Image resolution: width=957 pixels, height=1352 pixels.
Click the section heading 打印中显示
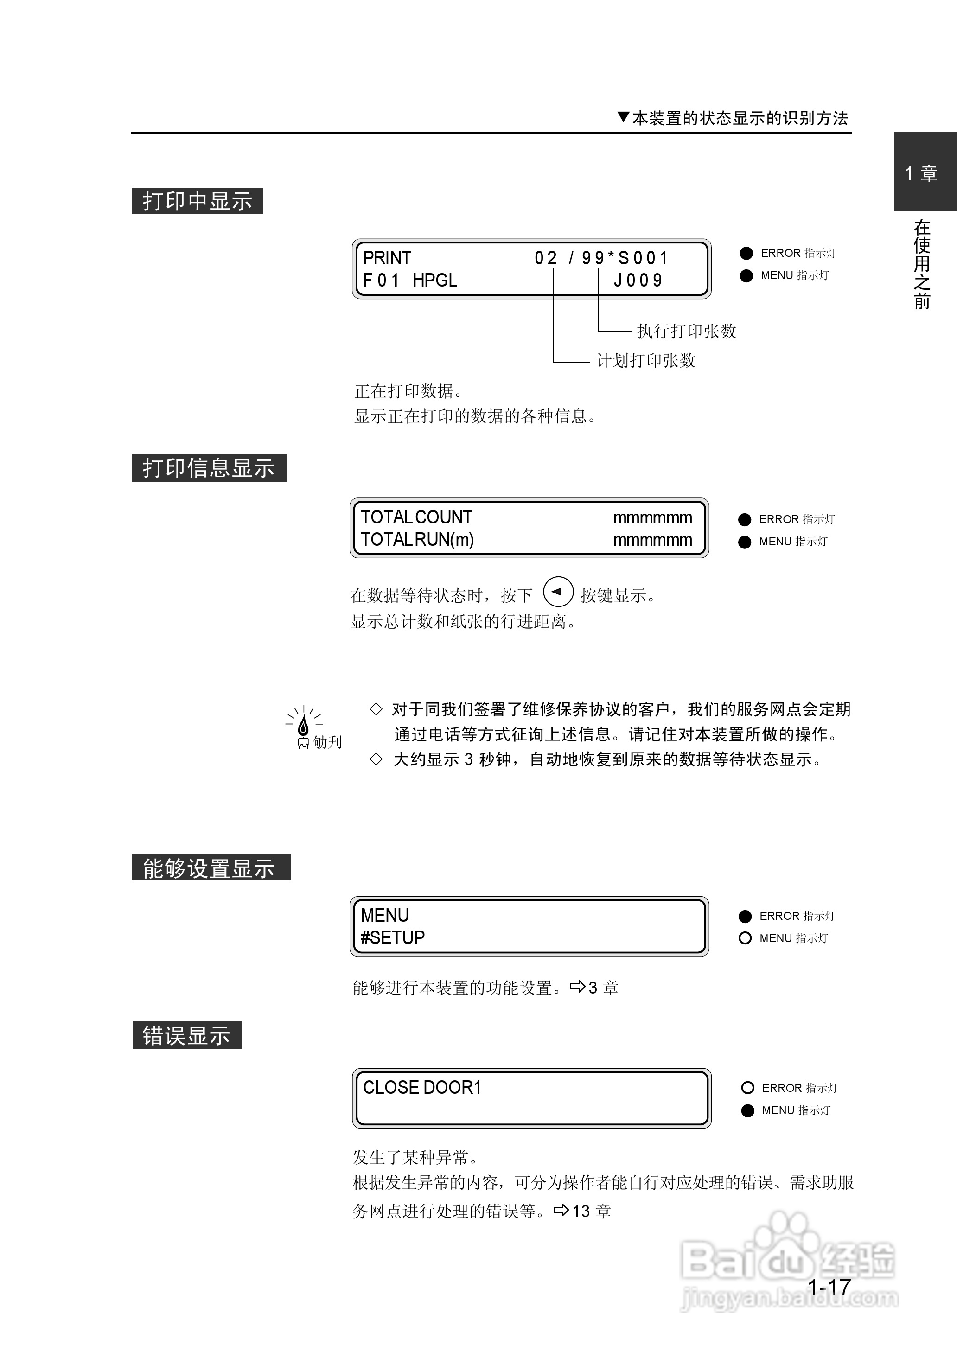(x=198, y=201)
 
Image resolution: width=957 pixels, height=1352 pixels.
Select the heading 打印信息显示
(x=209, y=468)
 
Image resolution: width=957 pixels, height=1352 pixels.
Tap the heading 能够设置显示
(x=211, y=868)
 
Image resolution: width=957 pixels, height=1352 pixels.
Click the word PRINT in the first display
(x=387, y=258)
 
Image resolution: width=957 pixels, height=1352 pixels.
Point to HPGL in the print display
(x=435, y=281)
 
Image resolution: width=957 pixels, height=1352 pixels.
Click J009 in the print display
(x=638, y=281)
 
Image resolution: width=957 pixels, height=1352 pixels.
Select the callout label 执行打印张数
(x=687, y=331)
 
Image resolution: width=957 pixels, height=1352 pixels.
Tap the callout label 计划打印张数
(x=646, y=360)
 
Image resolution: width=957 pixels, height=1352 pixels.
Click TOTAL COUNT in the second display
(x=417, y=517)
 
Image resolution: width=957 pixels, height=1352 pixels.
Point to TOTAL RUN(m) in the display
(x=417, y=540)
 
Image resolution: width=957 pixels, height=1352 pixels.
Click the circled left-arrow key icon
(x=557, y=592)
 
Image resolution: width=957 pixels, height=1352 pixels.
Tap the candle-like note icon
(x=304, y=725)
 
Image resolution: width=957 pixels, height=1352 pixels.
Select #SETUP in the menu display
(x=392, y=937)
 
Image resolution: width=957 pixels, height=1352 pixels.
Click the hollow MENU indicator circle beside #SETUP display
(x=745, y=938)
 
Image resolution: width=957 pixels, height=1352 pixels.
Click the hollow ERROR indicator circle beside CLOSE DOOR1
(x=748, y=1088)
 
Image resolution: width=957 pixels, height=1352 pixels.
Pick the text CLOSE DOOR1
(x=422, y=1088)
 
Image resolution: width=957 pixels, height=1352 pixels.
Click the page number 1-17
(x=829, y=1287)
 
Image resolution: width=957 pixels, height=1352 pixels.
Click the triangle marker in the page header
(x=624, y=117)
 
